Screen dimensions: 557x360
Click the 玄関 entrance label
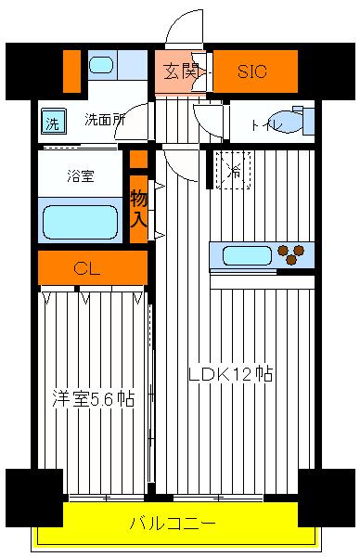(x=181, y=70)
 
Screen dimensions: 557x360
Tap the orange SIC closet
(x=254, y=71)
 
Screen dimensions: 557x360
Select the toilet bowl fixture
(x=299, y=122)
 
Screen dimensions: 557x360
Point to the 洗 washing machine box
(x=52, y=122)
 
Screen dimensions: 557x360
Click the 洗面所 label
(x=104, y=119)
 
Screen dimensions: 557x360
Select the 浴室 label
(x=81, y=174)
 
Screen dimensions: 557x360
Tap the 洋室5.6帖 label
(x=92, y=399)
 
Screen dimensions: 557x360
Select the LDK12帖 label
(x=230, y=375)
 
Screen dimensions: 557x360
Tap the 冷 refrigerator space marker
(x=235, y=170)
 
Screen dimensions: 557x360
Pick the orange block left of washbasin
(x=71, y=71)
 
